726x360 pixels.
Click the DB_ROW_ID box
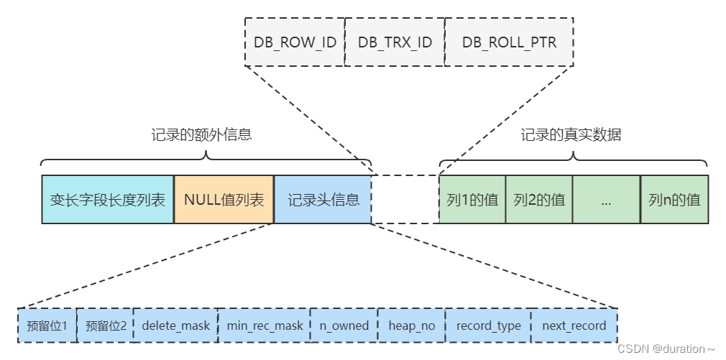[295, 42]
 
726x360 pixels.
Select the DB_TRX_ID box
[395, 42]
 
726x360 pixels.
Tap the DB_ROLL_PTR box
[509, 42]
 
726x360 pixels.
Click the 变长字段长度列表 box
[108, 199]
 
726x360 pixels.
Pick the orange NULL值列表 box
[224, 199]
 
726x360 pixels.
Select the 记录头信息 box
[323, 199]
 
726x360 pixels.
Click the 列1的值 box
[472, 199]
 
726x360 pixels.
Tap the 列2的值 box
[539, 199]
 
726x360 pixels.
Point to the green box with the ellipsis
[606, 199]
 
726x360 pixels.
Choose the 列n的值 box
[674, 199]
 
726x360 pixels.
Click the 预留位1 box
[47, 326]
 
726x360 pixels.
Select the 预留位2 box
[105, 326]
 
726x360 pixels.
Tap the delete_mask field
[175, 326]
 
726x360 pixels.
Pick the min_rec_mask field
[264, 326]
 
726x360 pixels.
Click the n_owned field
[344, 326]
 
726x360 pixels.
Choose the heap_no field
[411, 326]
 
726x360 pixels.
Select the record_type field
[488, 326]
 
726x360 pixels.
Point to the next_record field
[574, 326]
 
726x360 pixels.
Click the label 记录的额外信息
[201, 135]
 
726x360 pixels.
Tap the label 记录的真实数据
[571, 135]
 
